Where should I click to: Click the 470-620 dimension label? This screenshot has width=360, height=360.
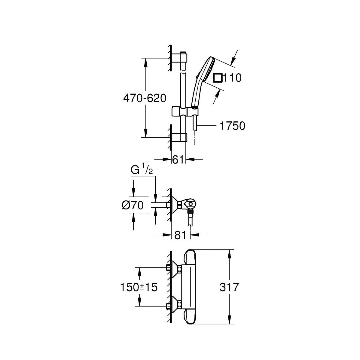[x=145, y=99]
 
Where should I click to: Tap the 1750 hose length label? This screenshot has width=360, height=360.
[x=232, y=126]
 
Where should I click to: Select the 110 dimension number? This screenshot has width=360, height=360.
[x=232, y=78]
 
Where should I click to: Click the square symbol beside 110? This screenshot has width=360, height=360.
[x=218, y=78]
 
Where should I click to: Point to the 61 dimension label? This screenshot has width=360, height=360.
[x=178, y=159]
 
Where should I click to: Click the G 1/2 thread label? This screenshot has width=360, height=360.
[x=142, y=170]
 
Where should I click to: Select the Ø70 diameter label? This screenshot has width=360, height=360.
[x=133, y=205]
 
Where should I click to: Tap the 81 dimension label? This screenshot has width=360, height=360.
[x=180, y=235]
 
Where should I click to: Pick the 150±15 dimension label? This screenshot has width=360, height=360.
[x=139, y=287]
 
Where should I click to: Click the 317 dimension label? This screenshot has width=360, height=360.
[x=229, y=287]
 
